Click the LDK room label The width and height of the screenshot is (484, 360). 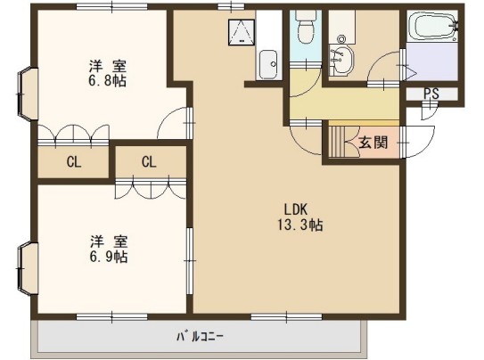tap(296, 209)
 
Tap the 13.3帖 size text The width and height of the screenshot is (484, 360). tap(300, 225)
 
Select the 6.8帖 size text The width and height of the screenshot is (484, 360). tap(108, 81)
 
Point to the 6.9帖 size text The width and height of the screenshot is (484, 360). tap(109, 257)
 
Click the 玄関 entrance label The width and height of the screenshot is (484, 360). tap(373, 143)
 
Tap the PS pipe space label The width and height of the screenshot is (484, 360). tap(431, 94)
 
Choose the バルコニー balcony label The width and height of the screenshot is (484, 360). tap(200, 337)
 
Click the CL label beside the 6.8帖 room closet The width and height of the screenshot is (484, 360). tap(74, 161)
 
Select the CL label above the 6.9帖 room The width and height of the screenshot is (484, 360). tap(149, 161)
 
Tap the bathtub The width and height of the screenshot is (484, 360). tap(432, 26)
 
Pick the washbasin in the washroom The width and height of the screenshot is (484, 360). tap(341, 60)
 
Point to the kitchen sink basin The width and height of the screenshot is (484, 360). tap(268, 64)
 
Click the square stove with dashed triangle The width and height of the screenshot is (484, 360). tap(242, 32)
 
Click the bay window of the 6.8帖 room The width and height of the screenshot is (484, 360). tap(26, 94)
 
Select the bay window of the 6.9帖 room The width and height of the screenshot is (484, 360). tap(26, 269)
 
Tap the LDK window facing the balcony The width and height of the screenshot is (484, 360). tap(286, 317)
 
